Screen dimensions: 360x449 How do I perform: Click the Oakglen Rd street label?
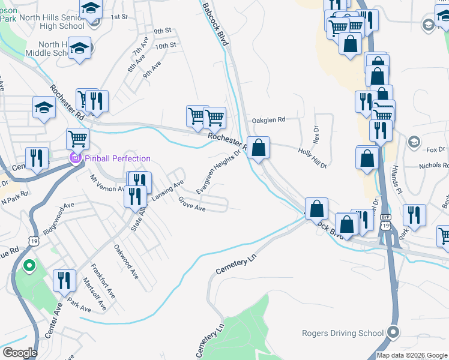pyautogui.click(x=268, y=119)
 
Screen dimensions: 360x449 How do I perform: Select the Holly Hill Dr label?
pyautogui.click(x=312, y=157)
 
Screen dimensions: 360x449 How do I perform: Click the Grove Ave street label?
pyautogui.click(x=192, y=205)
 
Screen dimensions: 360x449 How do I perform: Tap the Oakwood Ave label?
pyautogui.click(x=127, y=262)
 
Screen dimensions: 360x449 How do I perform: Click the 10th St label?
pyautogui.click(x=165, y=46)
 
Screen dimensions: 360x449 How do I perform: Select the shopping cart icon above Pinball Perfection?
pyautogui.click(x=78, y=139)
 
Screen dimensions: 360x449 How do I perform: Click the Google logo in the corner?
pyautogui.click(x=19, y=353)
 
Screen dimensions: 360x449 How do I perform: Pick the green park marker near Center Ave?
pyautogui.click(x=28, y=265)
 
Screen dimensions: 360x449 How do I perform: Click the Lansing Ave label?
pyautogui.click(x=167, y=190)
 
